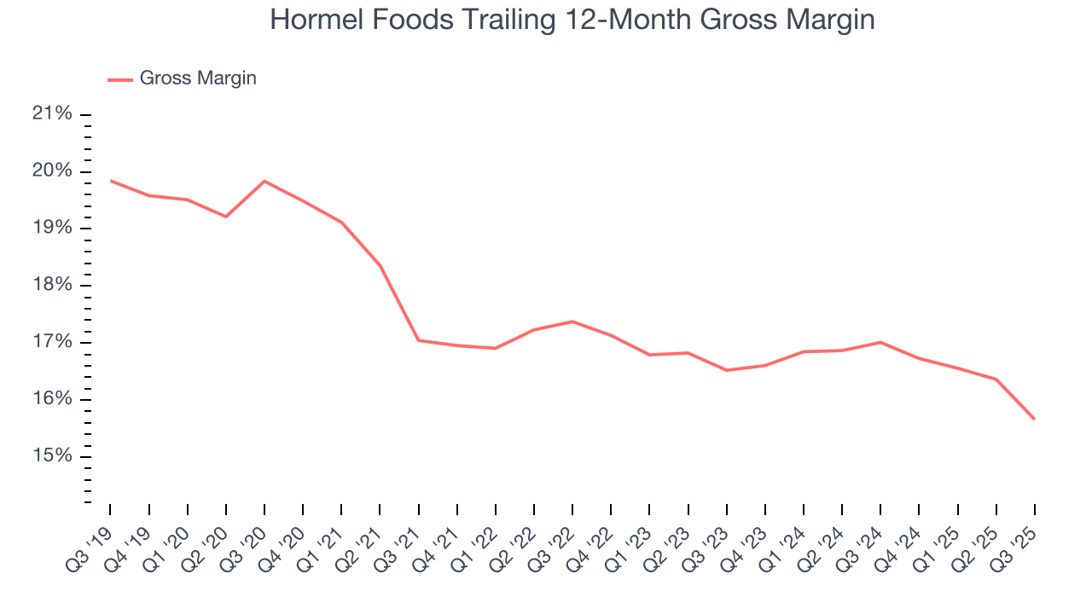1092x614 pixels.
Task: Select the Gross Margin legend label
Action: [x=198, y=78]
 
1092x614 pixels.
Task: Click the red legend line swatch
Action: [x=120, y=79]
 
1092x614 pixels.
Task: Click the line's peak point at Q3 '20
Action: [x=264, y=181]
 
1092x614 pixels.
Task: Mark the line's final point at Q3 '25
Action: [x=1035, y=419]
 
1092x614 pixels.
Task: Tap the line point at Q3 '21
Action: [x=418, y=340]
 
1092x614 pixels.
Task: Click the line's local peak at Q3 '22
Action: [x=572, y=321]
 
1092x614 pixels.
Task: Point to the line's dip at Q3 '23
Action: [x=727, y=370]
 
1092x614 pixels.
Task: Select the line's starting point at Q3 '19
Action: [x=110, y=180]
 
